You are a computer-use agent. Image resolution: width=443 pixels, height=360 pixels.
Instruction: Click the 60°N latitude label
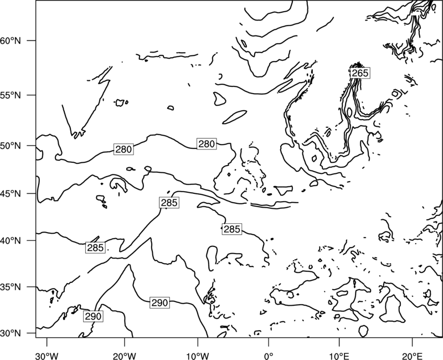coord(11,40)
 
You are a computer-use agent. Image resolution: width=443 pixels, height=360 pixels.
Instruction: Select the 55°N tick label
coord(11,95)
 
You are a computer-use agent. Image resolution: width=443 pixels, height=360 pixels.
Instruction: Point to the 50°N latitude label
coord(11,146)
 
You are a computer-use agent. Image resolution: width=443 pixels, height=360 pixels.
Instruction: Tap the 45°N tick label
coord(11,193)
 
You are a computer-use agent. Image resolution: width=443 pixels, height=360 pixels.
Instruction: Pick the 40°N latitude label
coord(11,240)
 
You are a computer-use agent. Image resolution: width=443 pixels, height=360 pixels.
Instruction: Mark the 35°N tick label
coord(11,287)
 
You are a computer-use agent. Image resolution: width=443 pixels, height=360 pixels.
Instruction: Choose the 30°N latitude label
coord(11,333)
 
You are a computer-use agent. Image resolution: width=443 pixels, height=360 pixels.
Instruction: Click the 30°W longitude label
coord(47,356)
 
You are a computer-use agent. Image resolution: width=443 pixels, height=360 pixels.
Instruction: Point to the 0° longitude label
coord(269,356)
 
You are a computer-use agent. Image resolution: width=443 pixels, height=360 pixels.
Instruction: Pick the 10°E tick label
coord(339,356)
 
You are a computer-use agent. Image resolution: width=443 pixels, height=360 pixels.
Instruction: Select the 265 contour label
coord(360,73)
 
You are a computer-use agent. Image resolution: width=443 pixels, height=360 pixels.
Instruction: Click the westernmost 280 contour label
coord(123,149)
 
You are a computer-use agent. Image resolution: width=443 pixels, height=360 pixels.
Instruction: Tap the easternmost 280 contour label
coord(207,144)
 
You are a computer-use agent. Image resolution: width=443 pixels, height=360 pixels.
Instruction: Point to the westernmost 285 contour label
coord(95,248)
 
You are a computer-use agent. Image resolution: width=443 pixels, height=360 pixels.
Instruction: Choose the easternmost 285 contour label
coord(232,229)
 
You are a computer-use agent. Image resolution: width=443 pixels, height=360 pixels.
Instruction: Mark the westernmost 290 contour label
coord(93,316)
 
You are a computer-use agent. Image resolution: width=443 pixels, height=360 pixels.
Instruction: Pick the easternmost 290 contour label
coord(160,302)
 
